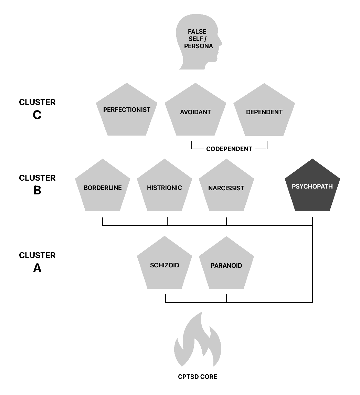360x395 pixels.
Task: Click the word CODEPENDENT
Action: pos(229,149)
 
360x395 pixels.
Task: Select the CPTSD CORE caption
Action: pos(198,377)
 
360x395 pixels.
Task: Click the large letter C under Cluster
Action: pos(37,115)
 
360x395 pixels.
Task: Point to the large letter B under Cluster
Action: pos(37,190)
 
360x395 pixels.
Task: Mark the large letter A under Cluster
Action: pos(37,268)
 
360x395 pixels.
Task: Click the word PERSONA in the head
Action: pos(199,46)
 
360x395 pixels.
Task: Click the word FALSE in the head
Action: pos(197,32)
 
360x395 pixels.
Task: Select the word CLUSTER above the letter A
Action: pos(37,255)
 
